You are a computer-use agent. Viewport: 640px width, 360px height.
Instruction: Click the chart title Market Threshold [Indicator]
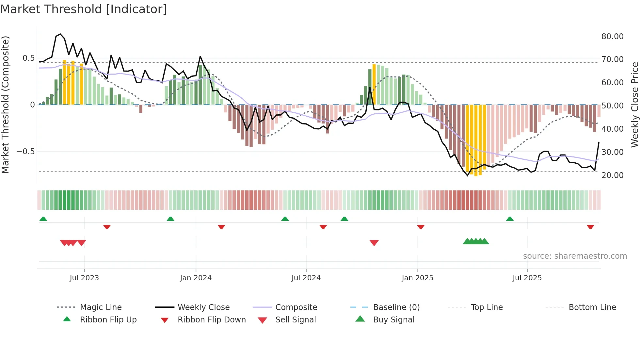[x=84, y=9]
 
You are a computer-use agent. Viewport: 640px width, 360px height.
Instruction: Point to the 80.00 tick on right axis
[x=612, y=37]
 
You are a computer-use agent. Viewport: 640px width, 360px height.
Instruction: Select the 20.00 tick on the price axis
[x=612, y=175]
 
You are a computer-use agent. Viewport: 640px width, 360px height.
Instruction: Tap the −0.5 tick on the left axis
[x=25, y=152]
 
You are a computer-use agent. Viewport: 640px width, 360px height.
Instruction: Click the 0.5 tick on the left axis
[x=28, y=58]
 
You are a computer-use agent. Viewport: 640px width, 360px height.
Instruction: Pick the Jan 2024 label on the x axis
[x=196, y=278]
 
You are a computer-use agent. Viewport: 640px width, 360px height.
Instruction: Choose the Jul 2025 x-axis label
[x=527, y=278]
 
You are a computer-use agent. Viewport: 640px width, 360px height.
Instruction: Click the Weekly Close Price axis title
[x=634, y=105]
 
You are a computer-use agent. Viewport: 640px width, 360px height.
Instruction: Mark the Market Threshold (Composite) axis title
[x=5, y=105]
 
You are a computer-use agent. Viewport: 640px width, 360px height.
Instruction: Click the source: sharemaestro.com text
[x=575, y=256]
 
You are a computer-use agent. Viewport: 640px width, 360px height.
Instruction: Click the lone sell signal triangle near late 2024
[x=374, y=242]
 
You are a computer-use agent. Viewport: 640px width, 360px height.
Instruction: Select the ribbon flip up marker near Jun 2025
[x=510, y=219]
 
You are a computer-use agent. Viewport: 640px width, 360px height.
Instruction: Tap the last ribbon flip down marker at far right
[x=590, y=227]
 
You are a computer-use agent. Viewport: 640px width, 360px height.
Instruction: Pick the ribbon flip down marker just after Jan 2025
[x=421, y=227]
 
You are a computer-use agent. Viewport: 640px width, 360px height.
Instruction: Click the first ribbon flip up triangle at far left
[x=43, y=219]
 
